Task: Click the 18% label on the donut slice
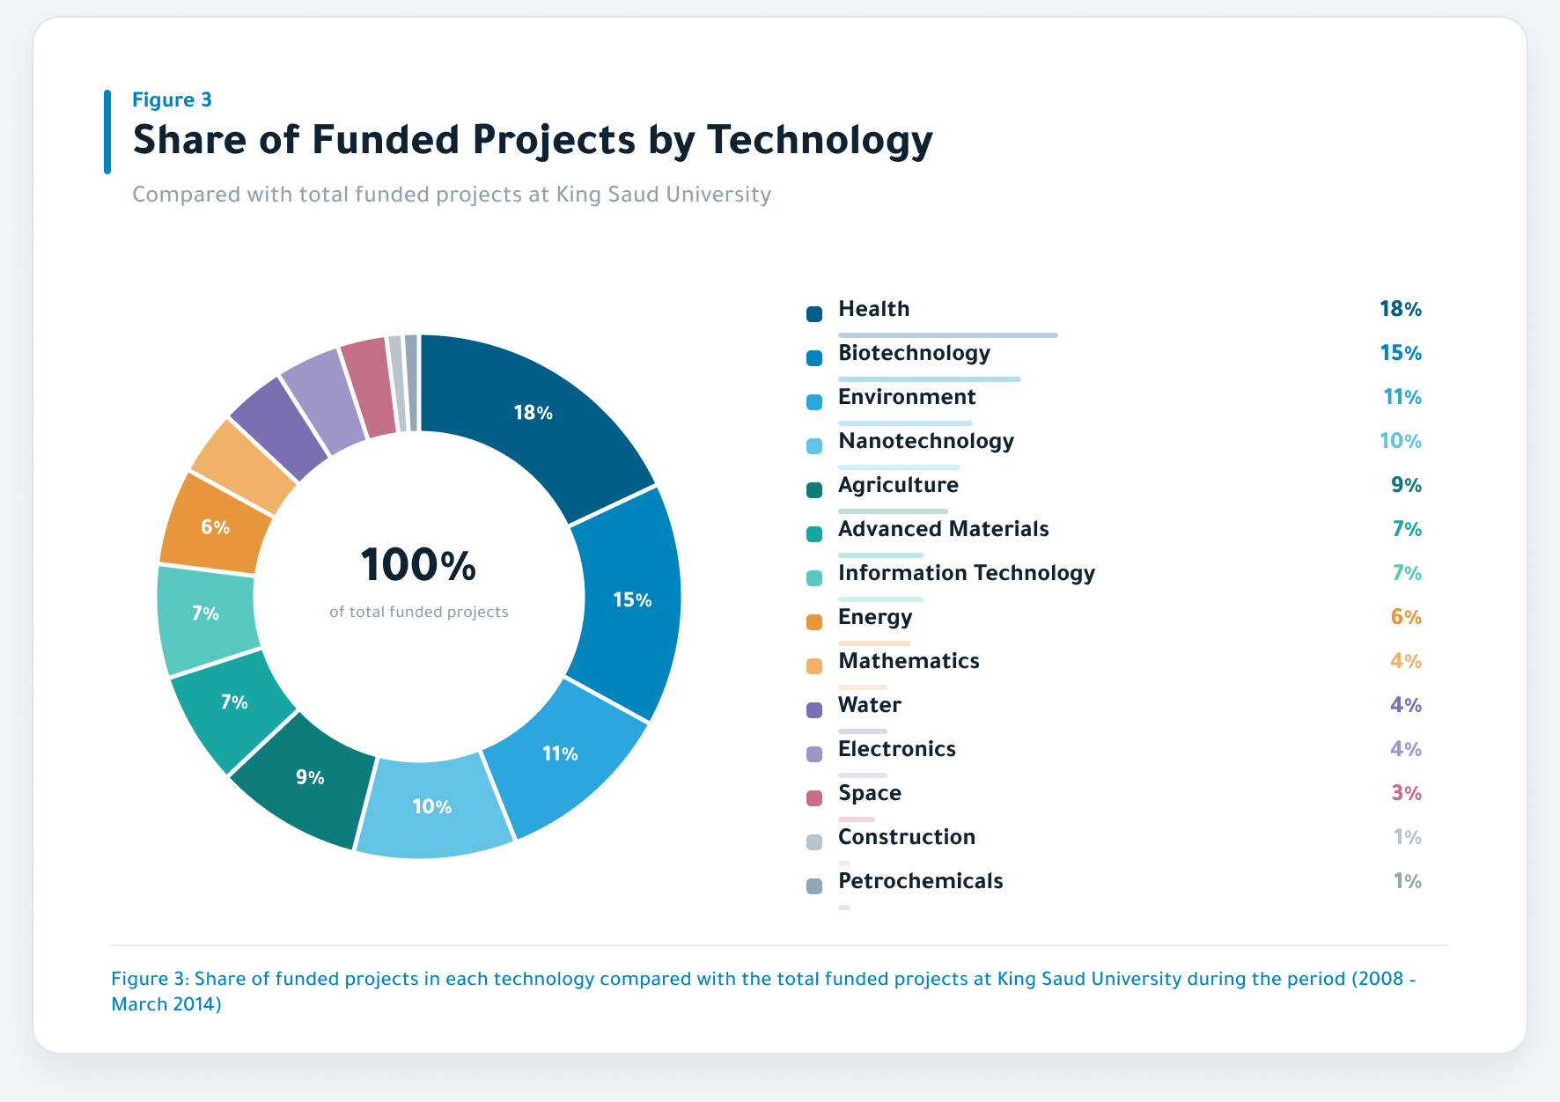pyautogui.click(x=533, y=413)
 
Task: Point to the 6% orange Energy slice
pyautogui.click(x=216, y=526)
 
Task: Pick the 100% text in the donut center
pyautogui.click(x=418, y=565)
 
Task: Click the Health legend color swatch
pyautogui.click(x=814, y=313)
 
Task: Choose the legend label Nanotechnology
pyautogui.click(x=926, y=441)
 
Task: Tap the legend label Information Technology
pyautogui.click(x=967, y=573)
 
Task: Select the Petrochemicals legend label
pyautogui.click(x=921, y=881)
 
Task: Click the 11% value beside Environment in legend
pyautogui.click(x=1402, y=397)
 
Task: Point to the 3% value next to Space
pyautogui.click(x=1406, y=793)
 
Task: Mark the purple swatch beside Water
pyautogui.click(x=814, y=709)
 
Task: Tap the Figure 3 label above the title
pyautogui.click(x=172, y=99)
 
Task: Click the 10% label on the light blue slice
pyautogui.click(x=432, y=807)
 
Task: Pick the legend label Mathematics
pyautogui.click(x=909, y=661)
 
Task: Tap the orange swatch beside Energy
pyautogui.click(x=814, y=621)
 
